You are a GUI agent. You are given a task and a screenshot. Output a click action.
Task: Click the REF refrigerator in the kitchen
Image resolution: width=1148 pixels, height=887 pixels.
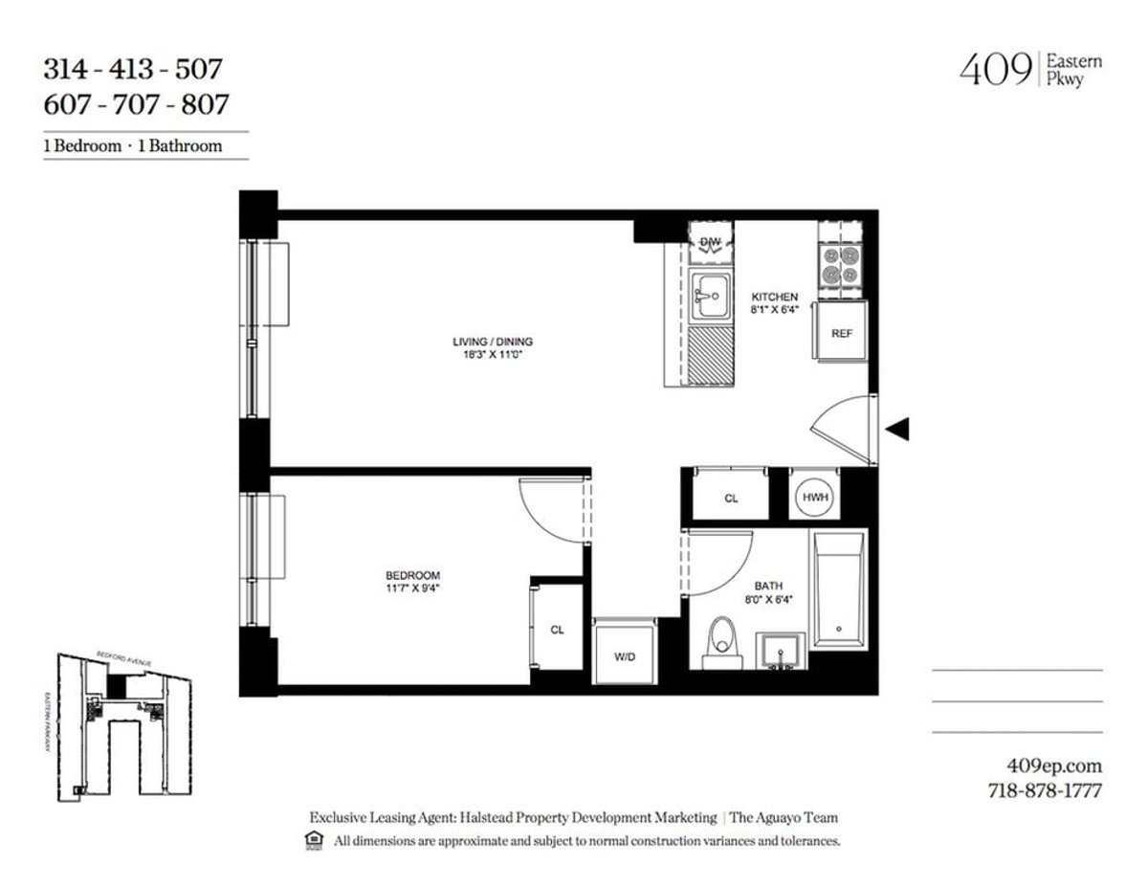840,334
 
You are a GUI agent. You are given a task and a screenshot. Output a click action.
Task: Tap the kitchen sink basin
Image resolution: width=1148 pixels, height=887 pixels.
709,299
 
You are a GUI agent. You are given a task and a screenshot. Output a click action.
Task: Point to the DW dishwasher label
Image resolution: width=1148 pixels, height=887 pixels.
710,242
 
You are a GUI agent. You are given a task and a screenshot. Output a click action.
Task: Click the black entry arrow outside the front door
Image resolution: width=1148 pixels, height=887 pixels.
896,431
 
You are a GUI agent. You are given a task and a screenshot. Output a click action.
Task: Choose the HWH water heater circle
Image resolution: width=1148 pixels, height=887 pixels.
814,498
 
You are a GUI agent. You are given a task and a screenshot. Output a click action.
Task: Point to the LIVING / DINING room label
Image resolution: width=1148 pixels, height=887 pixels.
493,342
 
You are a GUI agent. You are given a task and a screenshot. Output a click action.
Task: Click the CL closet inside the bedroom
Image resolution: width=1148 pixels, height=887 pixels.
556,631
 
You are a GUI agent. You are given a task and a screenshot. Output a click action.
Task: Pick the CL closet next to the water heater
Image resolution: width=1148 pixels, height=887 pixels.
731,499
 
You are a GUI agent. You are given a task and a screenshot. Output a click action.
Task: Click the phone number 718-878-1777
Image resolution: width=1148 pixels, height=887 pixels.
1045,791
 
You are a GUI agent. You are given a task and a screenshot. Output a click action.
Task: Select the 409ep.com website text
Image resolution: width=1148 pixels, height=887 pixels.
1055,765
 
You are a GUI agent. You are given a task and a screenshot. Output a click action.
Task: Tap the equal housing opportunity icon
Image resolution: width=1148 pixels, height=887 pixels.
313,841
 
